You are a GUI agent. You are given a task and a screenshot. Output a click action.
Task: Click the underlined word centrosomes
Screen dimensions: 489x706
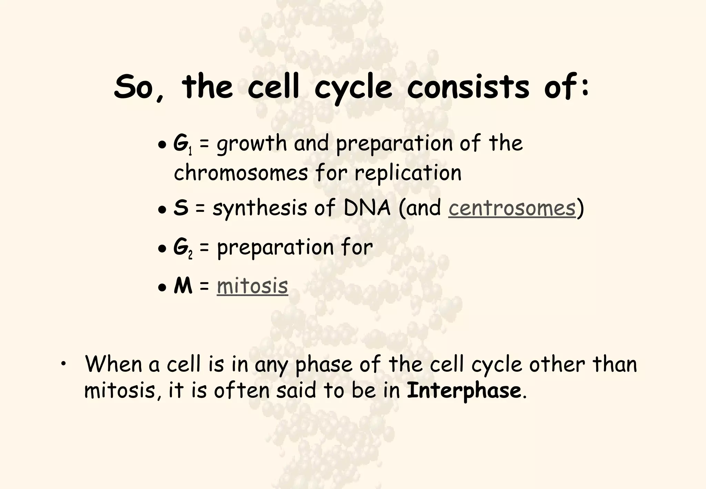(512, 208)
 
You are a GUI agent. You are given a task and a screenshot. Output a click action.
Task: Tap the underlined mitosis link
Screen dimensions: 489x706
(252, 286)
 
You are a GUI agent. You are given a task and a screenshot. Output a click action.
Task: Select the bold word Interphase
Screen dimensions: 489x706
(464, 390)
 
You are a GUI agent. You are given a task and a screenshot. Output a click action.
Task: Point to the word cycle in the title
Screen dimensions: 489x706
(353, 88)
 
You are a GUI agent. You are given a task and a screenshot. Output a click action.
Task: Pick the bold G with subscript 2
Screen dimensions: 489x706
(182, 247)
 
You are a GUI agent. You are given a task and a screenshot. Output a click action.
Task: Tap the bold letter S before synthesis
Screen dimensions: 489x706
(181, 208)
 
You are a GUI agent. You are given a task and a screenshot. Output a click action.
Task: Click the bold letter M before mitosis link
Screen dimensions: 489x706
(183, 286)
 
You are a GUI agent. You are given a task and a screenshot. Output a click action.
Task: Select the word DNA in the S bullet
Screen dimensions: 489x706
(367, 208)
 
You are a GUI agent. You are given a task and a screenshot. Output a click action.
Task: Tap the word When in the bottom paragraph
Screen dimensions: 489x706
(113, 364)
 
